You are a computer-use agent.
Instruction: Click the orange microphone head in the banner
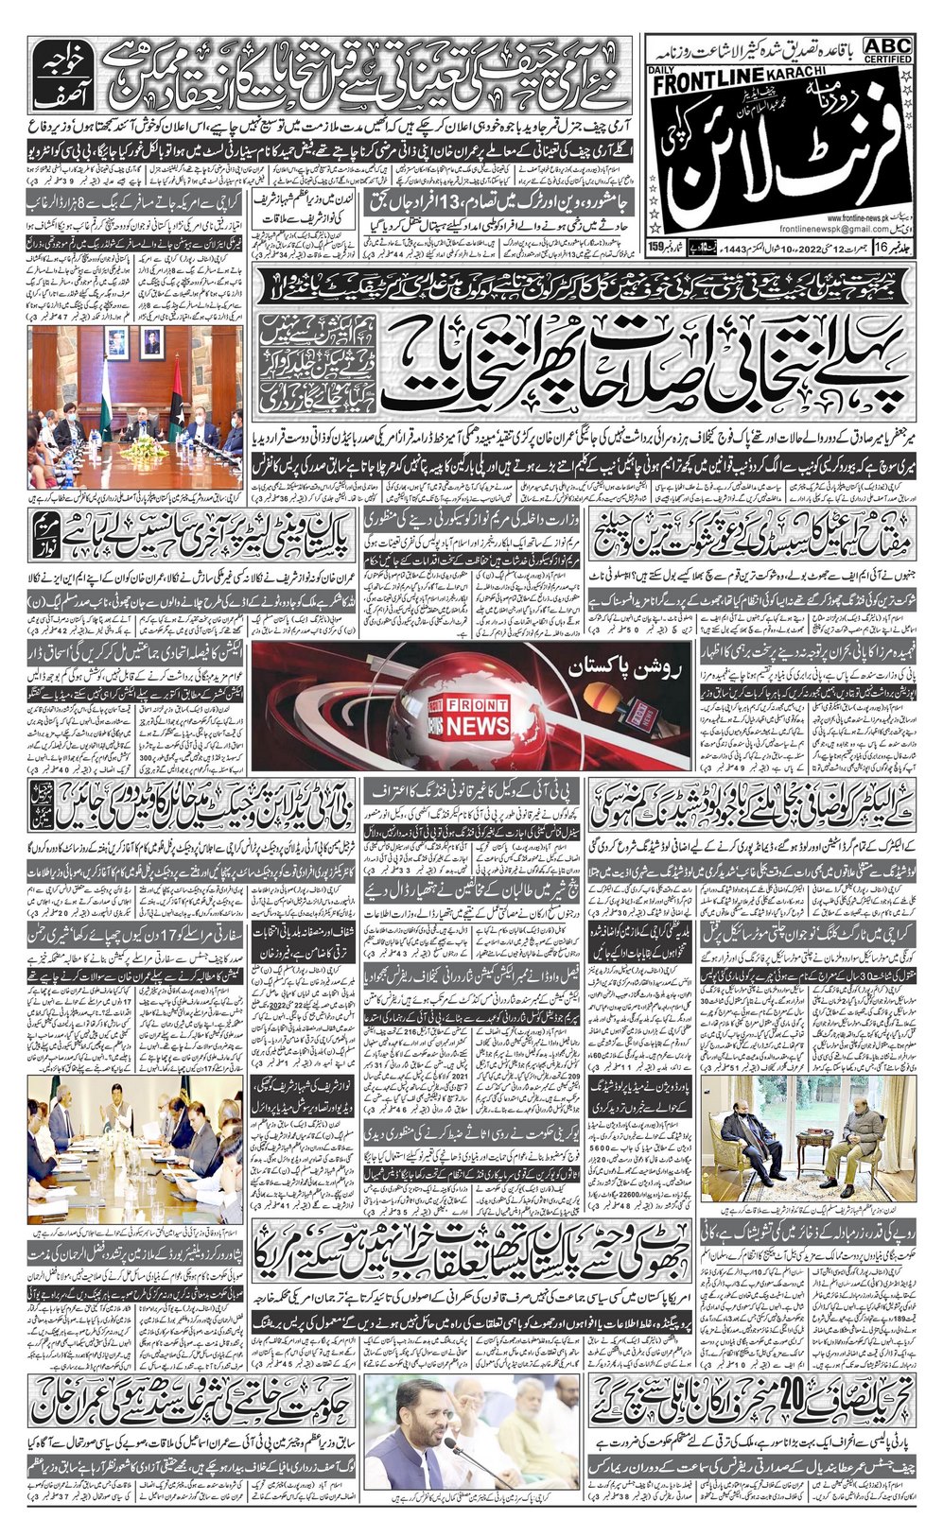pyautogui.click(x=602, y=700)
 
